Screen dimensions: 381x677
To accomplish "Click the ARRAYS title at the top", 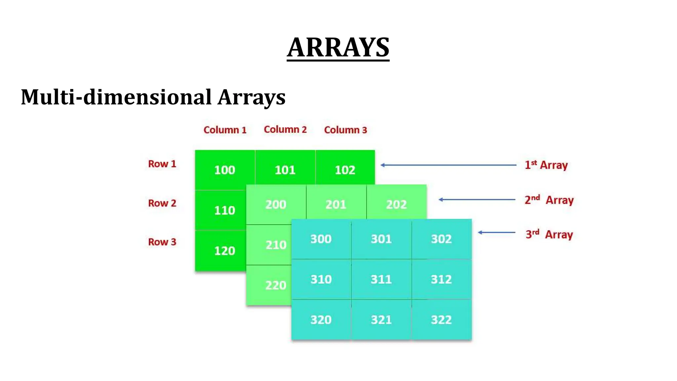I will click(x=338, y=48).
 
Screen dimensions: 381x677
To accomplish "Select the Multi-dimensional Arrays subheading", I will click(x=153, y=97).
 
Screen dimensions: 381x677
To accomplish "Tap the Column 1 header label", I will click(x=225, y=130).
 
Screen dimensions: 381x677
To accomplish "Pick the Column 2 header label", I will click(x=285, y=130).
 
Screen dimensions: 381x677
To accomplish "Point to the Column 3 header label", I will click(x=345, y=130).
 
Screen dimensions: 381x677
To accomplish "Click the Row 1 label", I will click(x=162, y=164).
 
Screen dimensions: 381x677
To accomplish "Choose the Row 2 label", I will click(x=162, y=203).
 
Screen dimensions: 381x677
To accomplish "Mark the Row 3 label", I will click(x=162, y=242).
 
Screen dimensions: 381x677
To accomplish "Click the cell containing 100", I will click(x=225, y=170).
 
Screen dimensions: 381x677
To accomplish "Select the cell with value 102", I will click(x=345, y=170).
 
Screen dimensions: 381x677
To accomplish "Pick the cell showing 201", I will click(x=336, y=204).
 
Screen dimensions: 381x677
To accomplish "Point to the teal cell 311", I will click(x=381, y=279).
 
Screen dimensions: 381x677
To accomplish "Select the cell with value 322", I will click(x=441, y=320).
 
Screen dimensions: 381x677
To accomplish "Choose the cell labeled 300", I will click(x=321, y=239).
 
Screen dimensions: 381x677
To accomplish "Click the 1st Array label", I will click(x=546, y=165).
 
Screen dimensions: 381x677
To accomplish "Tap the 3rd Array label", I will click(x=549, y=234).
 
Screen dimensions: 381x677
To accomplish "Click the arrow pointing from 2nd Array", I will click(x=477, y=199).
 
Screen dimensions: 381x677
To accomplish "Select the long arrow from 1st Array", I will click(x=448, y=165).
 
